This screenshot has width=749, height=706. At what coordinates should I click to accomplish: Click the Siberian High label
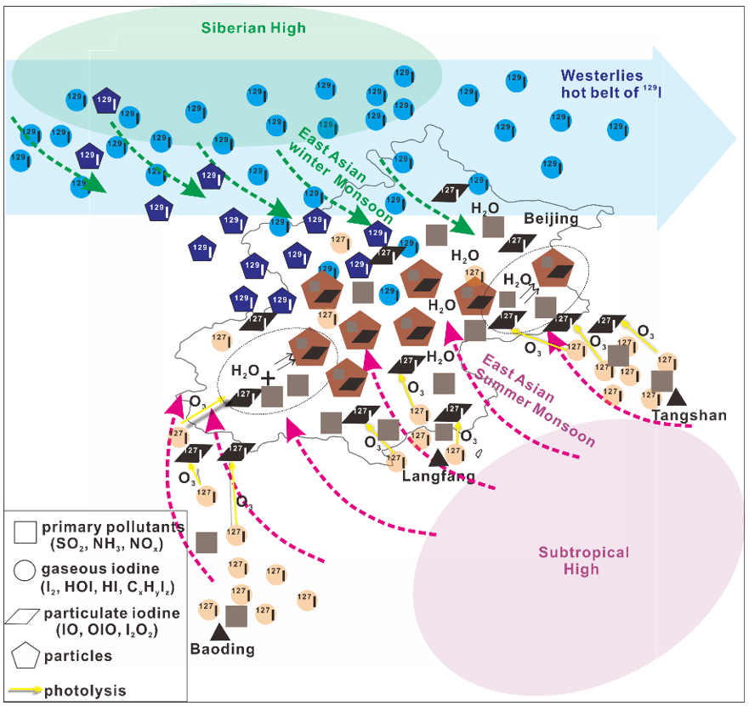click(253, 29)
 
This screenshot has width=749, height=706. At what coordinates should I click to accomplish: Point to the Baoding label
click(223, 649)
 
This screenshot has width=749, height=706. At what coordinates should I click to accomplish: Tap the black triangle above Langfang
click(439, 458)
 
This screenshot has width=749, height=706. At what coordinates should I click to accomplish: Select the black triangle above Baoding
click(220, 631)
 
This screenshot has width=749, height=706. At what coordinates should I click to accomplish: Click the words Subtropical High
click(583, 561)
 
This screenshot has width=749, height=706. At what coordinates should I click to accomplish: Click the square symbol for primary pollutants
click(26, 532)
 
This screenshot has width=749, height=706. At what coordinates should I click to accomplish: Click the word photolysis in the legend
click(84, 690)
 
